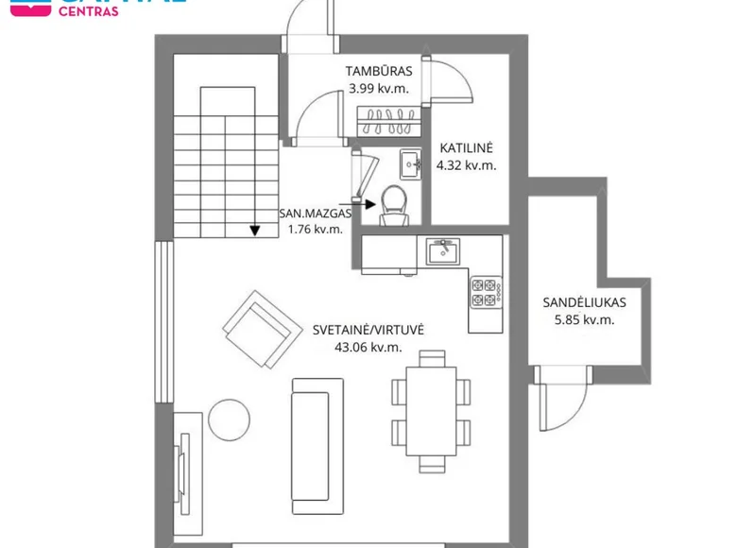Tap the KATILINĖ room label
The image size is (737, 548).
[466, 148]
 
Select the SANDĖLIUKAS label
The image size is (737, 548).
[585, 303]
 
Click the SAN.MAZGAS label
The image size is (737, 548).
[315, 214]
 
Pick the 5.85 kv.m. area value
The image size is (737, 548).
[585, 320]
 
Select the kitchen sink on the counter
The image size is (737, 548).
[442, 251]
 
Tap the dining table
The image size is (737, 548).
[432, 411]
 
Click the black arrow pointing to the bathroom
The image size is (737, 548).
[363, 200]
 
